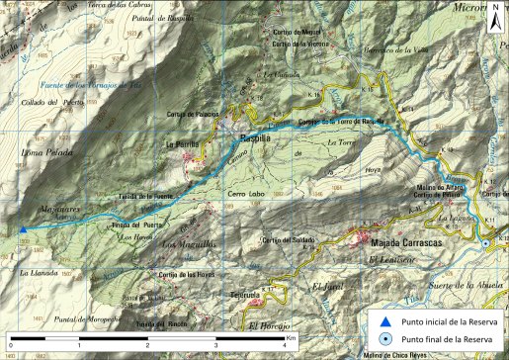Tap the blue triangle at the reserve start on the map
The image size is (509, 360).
click(x=23, y=230)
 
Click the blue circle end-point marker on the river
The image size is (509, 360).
click(x=485, y=242)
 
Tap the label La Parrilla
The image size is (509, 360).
click(x=181, y=145)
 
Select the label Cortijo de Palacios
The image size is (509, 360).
click(x=194, y=114)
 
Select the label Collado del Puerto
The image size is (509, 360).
click(x=39, y=104)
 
